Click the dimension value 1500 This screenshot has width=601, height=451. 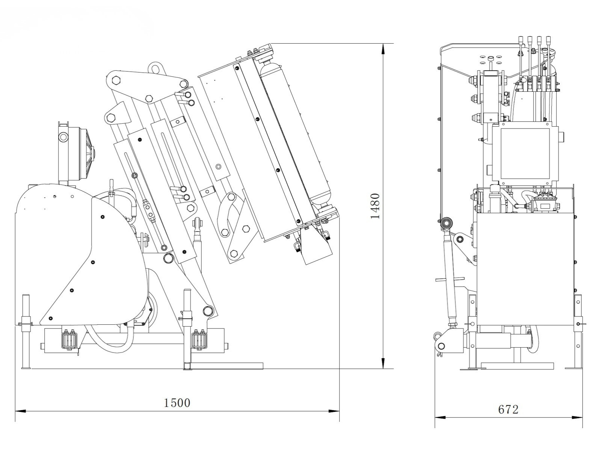[177, 403]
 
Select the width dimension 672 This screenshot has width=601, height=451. [508, 409]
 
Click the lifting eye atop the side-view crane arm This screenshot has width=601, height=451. [155, 68]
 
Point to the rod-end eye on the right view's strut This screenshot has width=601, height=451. [447, 224]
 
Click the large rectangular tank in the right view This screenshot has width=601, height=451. [525, 269]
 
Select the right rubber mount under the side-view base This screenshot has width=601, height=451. [199, 340]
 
